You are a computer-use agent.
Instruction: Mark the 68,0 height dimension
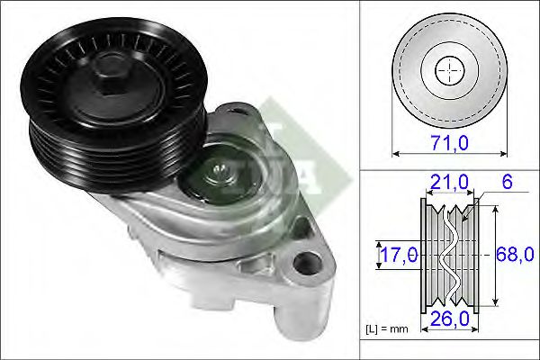coord(512,255)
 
